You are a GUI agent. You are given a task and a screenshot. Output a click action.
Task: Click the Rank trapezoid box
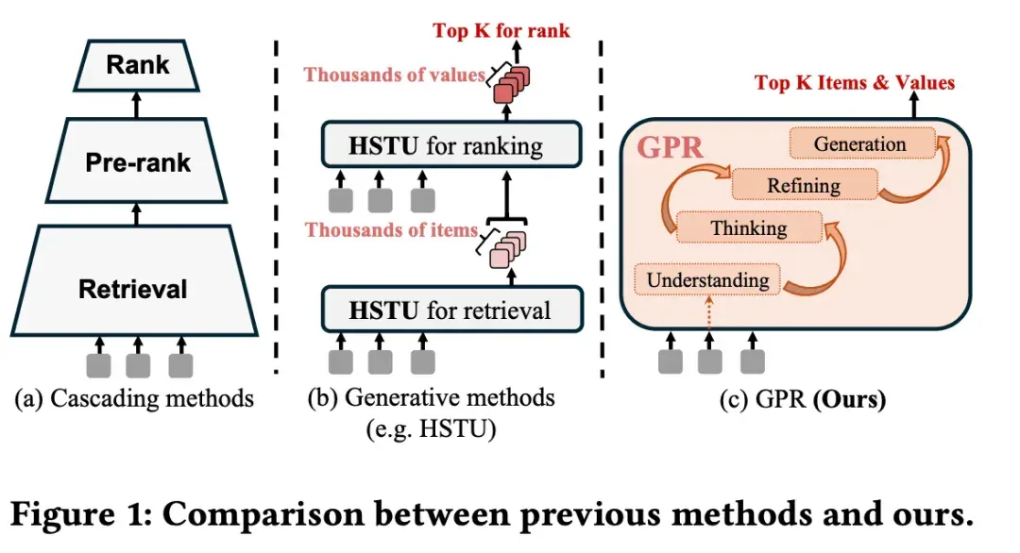[137, 65]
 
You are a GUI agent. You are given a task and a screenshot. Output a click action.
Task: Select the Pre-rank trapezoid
[137, 160]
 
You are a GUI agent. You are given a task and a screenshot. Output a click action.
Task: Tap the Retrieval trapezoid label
[133, 289]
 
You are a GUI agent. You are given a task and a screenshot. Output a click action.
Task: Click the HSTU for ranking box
[451, 144]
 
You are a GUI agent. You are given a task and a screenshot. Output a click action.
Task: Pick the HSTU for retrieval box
[452, 310]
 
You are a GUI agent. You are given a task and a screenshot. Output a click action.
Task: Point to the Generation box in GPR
[862, 143]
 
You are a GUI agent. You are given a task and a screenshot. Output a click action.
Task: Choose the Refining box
[805, 185]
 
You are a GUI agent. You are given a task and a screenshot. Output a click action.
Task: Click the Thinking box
[749, 227]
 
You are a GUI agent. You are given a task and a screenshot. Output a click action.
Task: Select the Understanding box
[707, 279]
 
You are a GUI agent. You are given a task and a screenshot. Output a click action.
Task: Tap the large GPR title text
[670, 147]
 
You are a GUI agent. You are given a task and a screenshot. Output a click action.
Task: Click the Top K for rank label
[501, 30]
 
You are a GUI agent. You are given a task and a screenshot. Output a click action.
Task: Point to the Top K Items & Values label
[854, 82]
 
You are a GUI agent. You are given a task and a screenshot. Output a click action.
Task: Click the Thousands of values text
[394, 75]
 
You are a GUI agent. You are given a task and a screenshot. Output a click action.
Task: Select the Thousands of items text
[391, 229]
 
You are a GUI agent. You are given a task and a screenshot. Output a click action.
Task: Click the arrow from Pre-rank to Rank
[136, 105]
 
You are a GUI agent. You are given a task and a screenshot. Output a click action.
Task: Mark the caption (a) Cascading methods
[134, 398]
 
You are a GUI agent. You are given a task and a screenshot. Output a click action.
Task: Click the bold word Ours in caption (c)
[849, 398]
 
